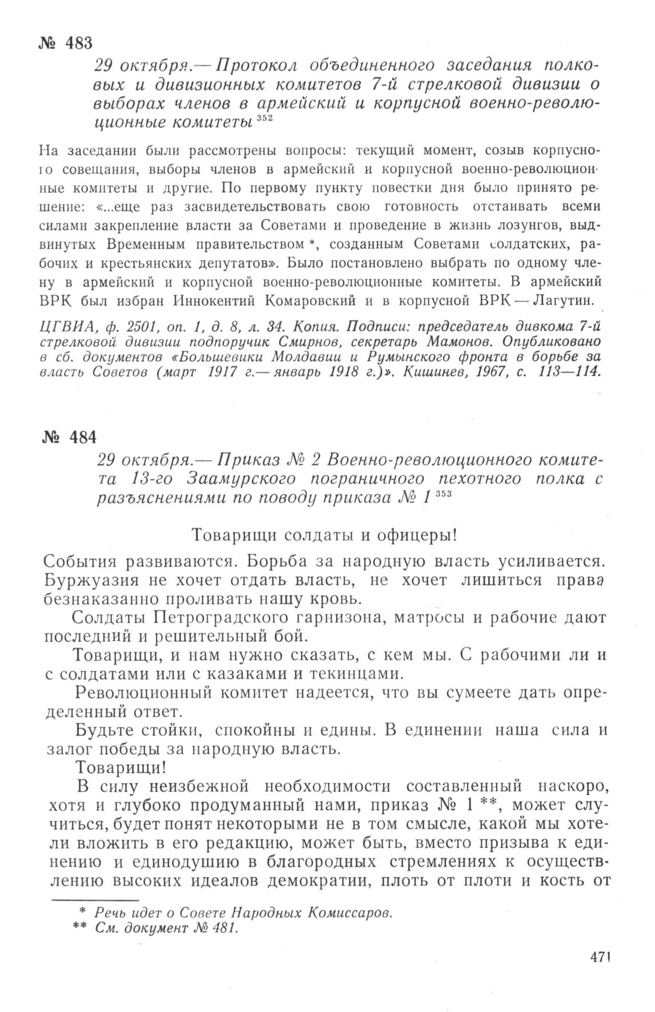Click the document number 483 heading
(x=67, y=43)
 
